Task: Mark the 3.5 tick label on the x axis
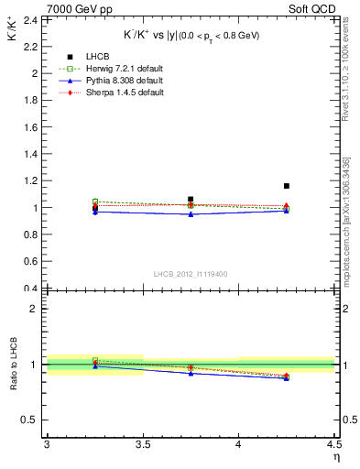click(142, 445)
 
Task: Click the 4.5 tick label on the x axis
click(333, 445)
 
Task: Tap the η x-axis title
click(335, 457)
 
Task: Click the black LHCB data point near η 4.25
click(287, 186)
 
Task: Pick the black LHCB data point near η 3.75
click(191, 199)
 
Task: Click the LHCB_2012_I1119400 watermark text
click(191, 274)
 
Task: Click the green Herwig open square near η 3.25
click(95, 202)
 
